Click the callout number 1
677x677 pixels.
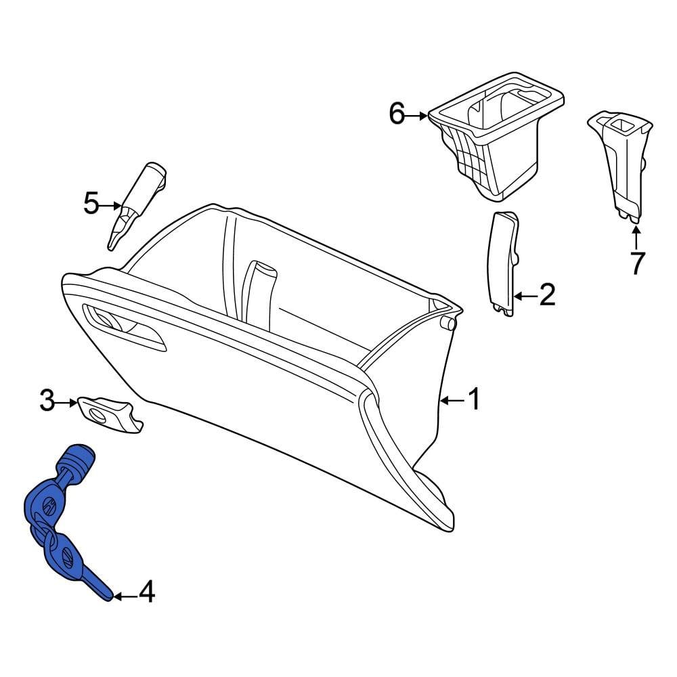click(x=474, y=400)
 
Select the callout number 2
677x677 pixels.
click(x=546, y=295)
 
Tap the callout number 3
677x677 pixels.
click(x=47, y=402)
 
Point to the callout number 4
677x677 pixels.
click(x=146, y=594)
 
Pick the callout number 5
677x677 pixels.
click(x=91, y=203)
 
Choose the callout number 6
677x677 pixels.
click(x=397, y=114)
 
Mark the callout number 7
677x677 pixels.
click(x=636, y=263)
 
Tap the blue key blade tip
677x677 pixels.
click(x=104, y=593)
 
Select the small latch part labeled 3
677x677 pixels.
click(x=108, y=413)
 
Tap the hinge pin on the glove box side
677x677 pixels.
click(x=447, y=324)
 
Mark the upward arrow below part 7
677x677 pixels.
click(x=636, y=237)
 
